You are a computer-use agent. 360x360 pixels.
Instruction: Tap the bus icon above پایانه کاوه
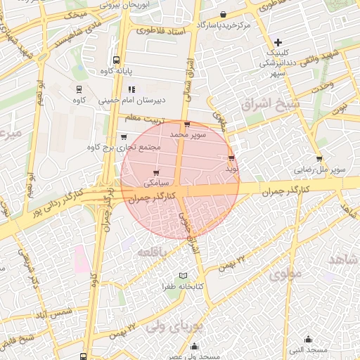(116, 60)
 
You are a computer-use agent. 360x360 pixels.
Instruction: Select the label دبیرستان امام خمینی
(141, 100)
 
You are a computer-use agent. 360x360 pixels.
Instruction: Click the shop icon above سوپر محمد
(186, 124)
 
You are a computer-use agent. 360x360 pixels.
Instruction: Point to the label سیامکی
(155, 183)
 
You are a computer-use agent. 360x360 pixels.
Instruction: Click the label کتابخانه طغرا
(184, 287)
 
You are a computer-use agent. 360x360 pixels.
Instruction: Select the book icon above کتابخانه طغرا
(184, 276)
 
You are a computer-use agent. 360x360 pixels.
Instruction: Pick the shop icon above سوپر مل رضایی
(320, 159)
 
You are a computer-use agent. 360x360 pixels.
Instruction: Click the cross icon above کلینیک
(278, 43)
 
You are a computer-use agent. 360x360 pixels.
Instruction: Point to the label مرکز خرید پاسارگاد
(224, 25)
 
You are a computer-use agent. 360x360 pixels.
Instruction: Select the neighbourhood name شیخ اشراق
(271, 105)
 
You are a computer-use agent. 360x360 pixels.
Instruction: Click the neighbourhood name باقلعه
(152, 252)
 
